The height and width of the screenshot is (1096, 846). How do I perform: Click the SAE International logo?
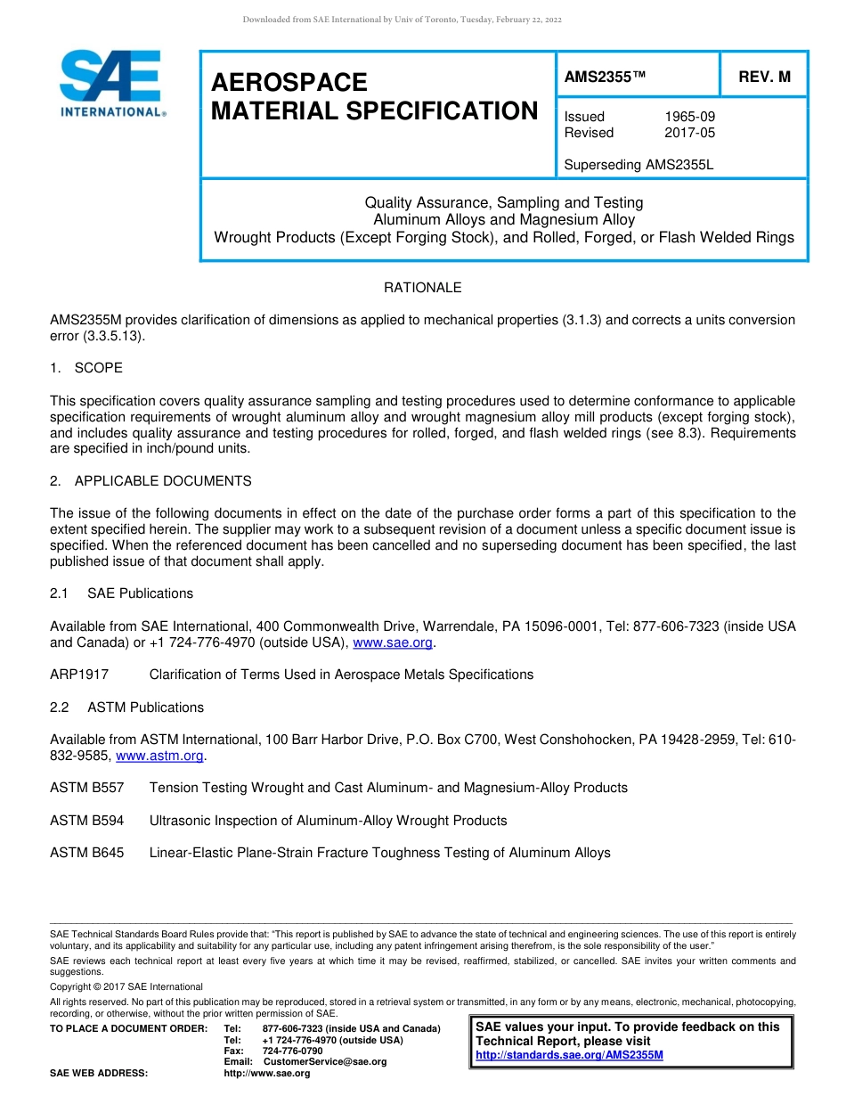pyautogui.click(x=111, y=84)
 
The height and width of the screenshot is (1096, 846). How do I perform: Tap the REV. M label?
pyautogui.click(x=764, y=78)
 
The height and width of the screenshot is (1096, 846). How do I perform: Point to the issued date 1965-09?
pyautogui.click(x=689, y=117)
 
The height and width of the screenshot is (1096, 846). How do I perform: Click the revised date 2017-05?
pyautogui.click(x=689, y=133)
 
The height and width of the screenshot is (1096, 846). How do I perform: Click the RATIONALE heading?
pyautogui.click(x=422, y=288)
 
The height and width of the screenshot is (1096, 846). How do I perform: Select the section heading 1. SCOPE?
pyautogui.click(x=86, y=368)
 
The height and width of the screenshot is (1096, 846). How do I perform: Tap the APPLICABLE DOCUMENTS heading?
pyautogui.click(x=163, y=481)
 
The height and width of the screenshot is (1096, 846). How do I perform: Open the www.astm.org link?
pyautogui.click(x=160, y=756)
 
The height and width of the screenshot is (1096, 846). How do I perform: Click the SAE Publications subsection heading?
pyautogui.click(x=140, y=593)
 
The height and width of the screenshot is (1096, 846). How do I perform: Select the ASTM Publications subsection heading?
pyautogui.click(x=145, y=707)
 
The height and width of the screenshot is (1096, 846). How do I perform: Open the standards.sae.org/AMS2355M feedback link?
pyautogui.click(x=569, y=1055)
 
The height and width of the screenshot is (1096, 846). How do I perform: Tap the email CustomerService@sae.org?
pyautogui.click(x=325, y=1061)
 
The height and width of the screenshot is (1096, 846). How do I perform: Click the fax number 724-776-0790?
pyautogui.click(x=292, y=1051)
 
